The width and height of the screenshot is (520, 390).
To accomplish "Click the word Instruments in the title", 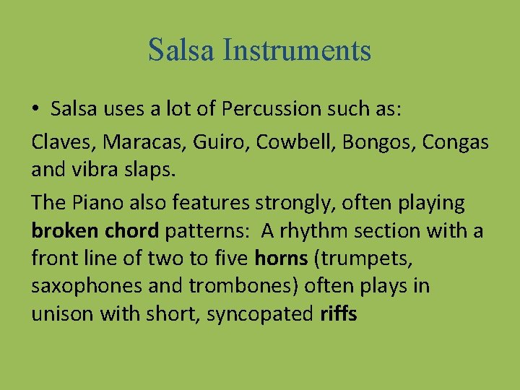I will click(298, 50).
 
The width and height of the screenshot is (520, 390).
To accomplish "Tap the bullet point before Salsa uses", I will click(35, 110).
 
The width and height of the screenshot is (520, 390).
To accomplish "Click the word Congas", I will click(456, 142).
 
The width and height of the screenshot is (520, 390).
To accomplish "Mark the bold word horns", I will click(281, 259).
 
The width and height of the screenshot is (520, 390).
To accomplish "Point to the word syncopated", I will click(260, 316).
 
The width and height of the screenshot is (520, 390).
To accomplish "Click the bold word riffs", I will click(338, 315).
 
